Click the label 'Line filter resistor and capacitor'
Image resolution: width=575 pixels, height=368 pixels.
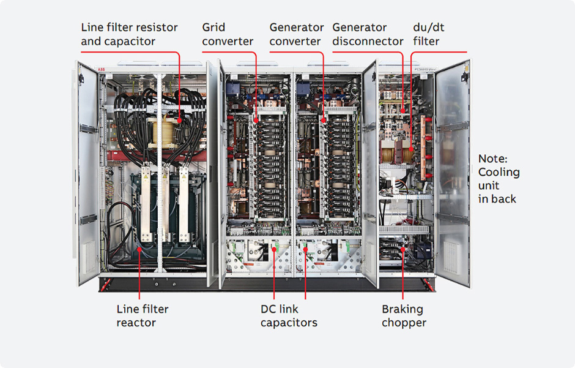tap(129, 34)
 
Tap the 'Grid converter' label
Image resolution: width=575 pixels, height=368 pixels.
tap(228, 34)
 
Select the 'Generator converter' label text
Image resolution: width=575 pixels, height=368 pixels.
tap(296, 34)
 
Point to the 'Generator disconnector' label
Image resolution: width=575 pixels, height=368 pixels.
tap(368, 34)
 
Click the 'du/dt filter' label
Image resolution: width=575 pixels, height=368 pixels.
tap(428, 34)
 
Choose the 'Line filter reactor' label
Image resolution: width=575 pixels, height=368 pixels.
tap(143, 315)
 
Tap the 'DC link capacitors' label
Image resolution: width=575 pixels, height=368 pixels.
tap(289, 315)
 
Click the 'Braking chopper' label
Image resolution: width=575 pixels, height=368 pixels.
tap(403, 316)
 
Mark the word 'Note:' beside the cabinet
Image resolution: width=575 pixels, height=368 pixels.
tap(492, 159)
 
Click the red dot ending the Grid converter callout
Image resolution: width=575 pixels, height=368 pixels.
tap(256, 120)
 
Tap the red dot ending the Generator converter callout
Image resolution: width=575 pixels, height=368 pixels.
tap(324, 120)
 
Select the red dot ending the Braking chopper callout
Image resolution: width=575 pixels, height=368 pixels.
tap(402, 249)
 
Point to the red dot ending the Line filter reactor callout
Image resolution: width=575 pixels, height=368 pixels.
tap(139, 249)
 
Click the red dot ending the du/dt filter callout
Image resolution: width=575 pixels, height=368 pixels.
tap(411, 149)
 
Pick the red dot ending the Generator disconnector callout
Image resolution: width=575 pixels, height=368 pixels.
tap(402, 111)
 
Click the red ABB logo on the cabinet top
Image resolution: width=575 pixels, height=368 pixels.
tap(101, 69)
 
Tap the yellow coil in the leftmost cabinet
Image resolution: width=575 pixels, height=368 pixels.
tap(163, 133)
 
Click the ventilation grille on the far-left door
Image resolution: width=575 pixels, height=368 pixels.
tap(89, 257)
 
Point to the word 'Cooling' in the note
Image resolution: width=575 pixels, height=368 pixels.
tap(499, 173)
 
